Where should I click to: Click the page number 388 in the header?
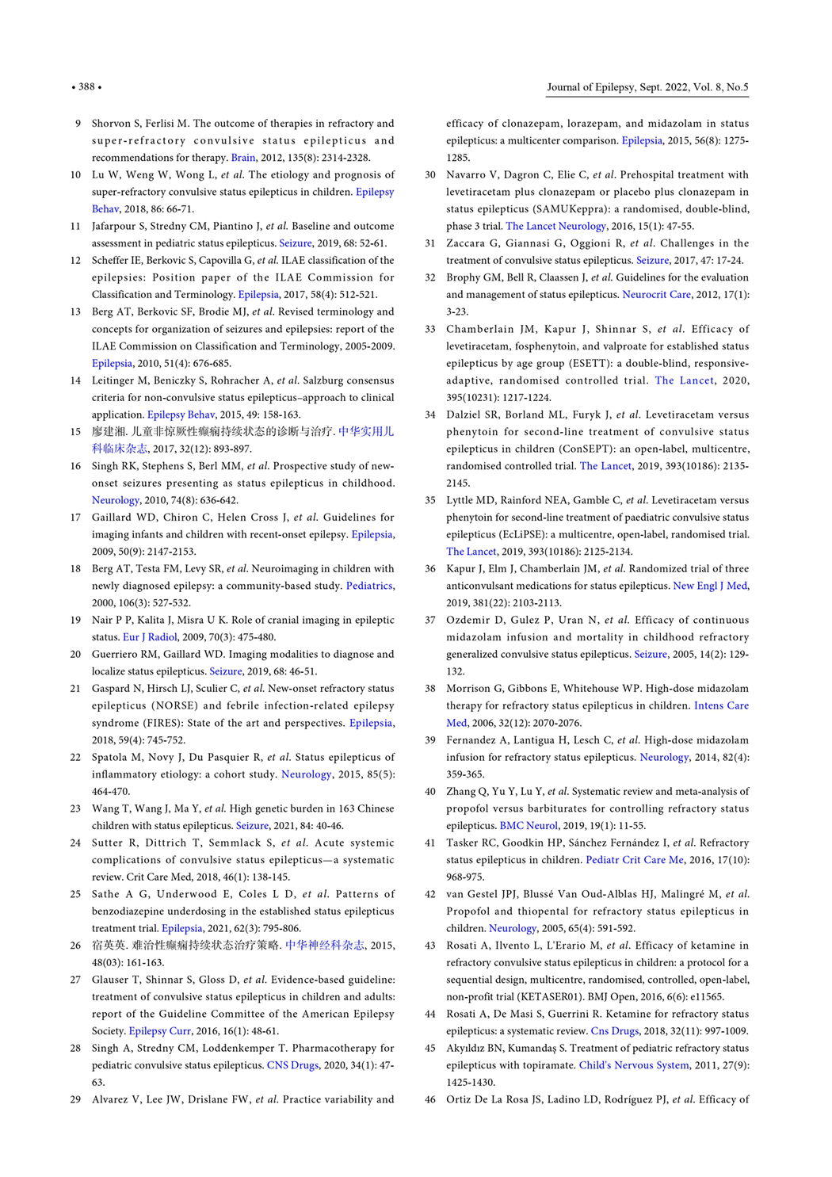(x=86, y=87)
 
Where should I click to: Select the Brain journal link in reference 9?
(x=243, y=158)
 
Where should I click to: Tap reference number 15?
(x=76, y=432)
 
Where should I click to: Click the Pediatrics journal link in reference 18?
(x=369, y=586)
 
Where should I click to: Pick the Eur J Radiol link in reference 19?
(x=150, y=637)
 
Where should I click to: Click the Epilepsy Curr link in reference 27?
(x=160, y=1031)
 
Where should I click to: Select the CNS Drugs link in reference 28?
(x=292, y=1065)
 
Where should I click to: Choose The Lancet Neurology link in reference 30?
(x=555, y=226)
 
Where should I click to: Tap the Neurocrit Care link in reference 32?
(x=656, y=295)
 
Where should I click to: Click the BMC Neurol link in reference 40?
(x=529, y=826)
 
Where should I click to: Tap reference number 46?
(x=430, y=1099)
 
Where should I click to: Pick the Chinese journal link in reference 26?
(x=325, y=946)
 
